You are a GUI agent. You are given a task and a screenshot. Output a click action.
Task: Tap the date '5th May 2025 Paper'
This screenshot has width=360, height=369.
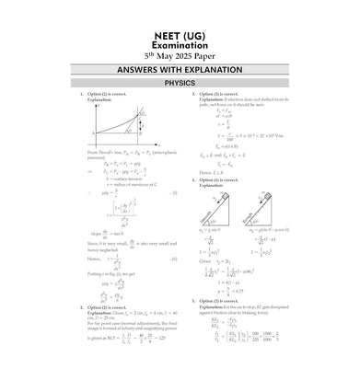tap(180, 53)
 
